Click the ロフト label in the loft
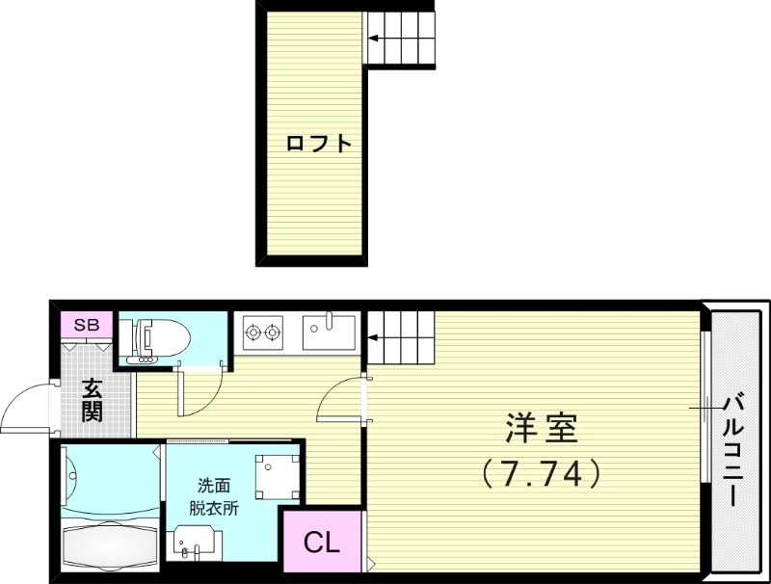tap(318, 145)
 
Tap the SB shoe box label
tap(87, 325)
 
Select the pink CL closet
tap(322, 542)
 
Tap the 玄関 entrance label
tap(93, 401)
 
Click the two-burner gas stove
tap(263, 333)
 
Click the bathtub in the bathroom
tap(109, 545)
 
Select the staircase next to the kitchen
tap(399, 337)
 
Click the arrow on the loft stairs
tap(376, 40)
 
